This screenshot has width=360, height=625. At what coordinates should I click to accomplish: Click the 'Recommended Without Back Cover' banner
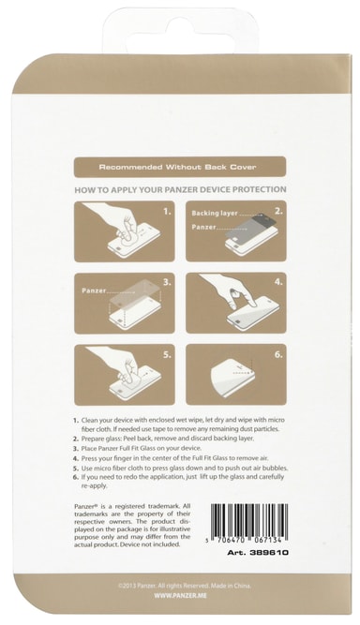click(x=180, y=167)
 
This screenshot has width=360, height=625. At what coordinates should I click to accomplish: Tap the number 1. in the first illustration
click(x=168, y=211)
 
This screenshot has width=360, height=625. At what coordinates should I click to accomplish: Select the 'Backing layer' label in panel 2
click(x=215, y=214)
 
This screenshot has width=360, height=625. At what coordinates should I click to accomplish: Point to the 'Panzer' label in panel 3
click(x=94, y=290)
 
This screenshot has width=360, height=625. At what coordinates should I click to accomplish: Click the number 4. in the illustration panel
click(x=278, y=282)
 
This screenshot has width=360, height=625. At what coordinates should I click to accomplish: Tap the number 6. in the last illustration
click(x=278, y=354)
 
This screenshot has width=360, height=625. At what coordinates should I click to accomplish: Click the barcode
click(x=247, y=524)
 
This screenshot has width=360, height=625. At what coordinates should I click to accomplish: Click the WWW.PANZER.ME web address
click(x=180, y=596)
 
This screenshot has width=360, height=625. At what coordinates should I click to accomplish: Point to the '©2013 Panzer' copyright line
click(x=185, y=586)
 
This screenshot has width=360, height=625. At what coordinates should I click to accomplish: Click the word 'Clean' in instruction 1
click(x=88, y=420)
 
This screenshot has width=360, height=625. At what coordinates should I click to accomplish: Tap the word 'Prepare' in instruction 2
click(x=92, y=439)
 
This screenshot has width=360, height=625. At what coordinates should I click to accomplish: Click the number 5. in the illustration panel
click(x=168, y=354)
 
